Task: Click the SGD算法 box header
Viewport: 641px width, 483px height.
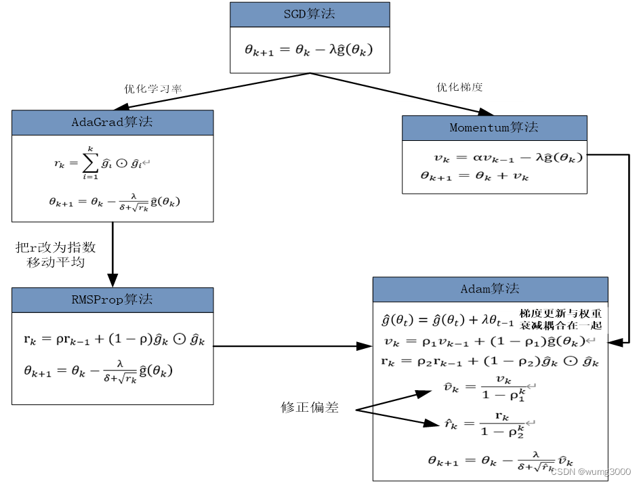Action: pos(310,14)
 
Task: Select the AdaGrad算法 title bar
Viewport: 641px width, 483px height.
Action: pos(112,123)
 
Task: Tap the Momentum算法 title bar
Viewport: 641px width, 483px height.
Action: pos(494,127)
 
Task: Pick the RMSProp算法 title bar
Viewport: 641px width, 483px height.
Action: pos(112,299)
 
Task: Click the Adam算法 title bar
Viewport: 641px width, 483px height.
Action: pos(490,289)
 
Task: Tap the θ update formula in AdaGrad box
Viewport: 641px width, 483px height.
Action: pos(115,202)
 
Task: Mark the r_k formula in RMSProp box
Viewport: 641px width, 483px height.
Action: pos(112,339)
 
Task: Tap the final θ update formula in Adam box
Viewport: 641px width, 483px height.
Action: pos(495,461)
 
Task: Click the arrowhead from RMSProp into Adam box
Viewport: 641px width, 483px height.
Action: pos(365,347)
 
